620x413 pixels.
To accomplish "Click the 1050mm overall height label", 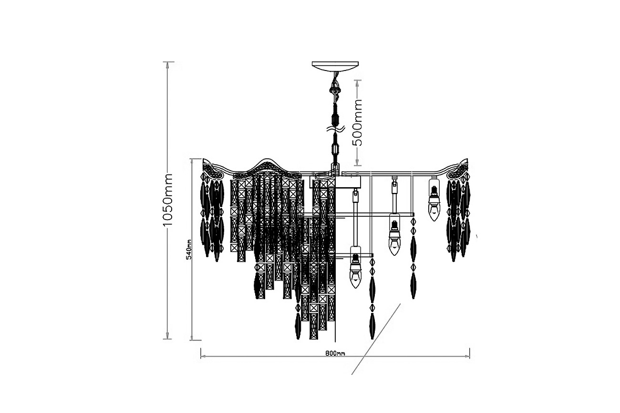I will click(167, 200).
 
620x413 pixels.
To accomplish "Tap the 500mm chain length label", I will click(358, 122).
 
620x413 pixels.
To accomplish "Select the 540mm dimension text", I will click(189, 249).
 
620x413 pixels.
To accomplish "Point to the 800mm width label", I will click(335, 353).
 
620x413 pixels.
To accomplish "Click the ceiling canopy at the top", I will click(335, 65).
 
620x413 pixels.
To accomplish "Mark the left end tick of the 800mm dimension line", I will click(200, 353).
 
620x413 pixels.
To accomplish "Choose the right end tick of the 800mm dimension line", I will click(470, 353).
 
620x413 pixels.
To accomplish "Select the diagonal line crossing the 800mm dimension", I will click(375, 339).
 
